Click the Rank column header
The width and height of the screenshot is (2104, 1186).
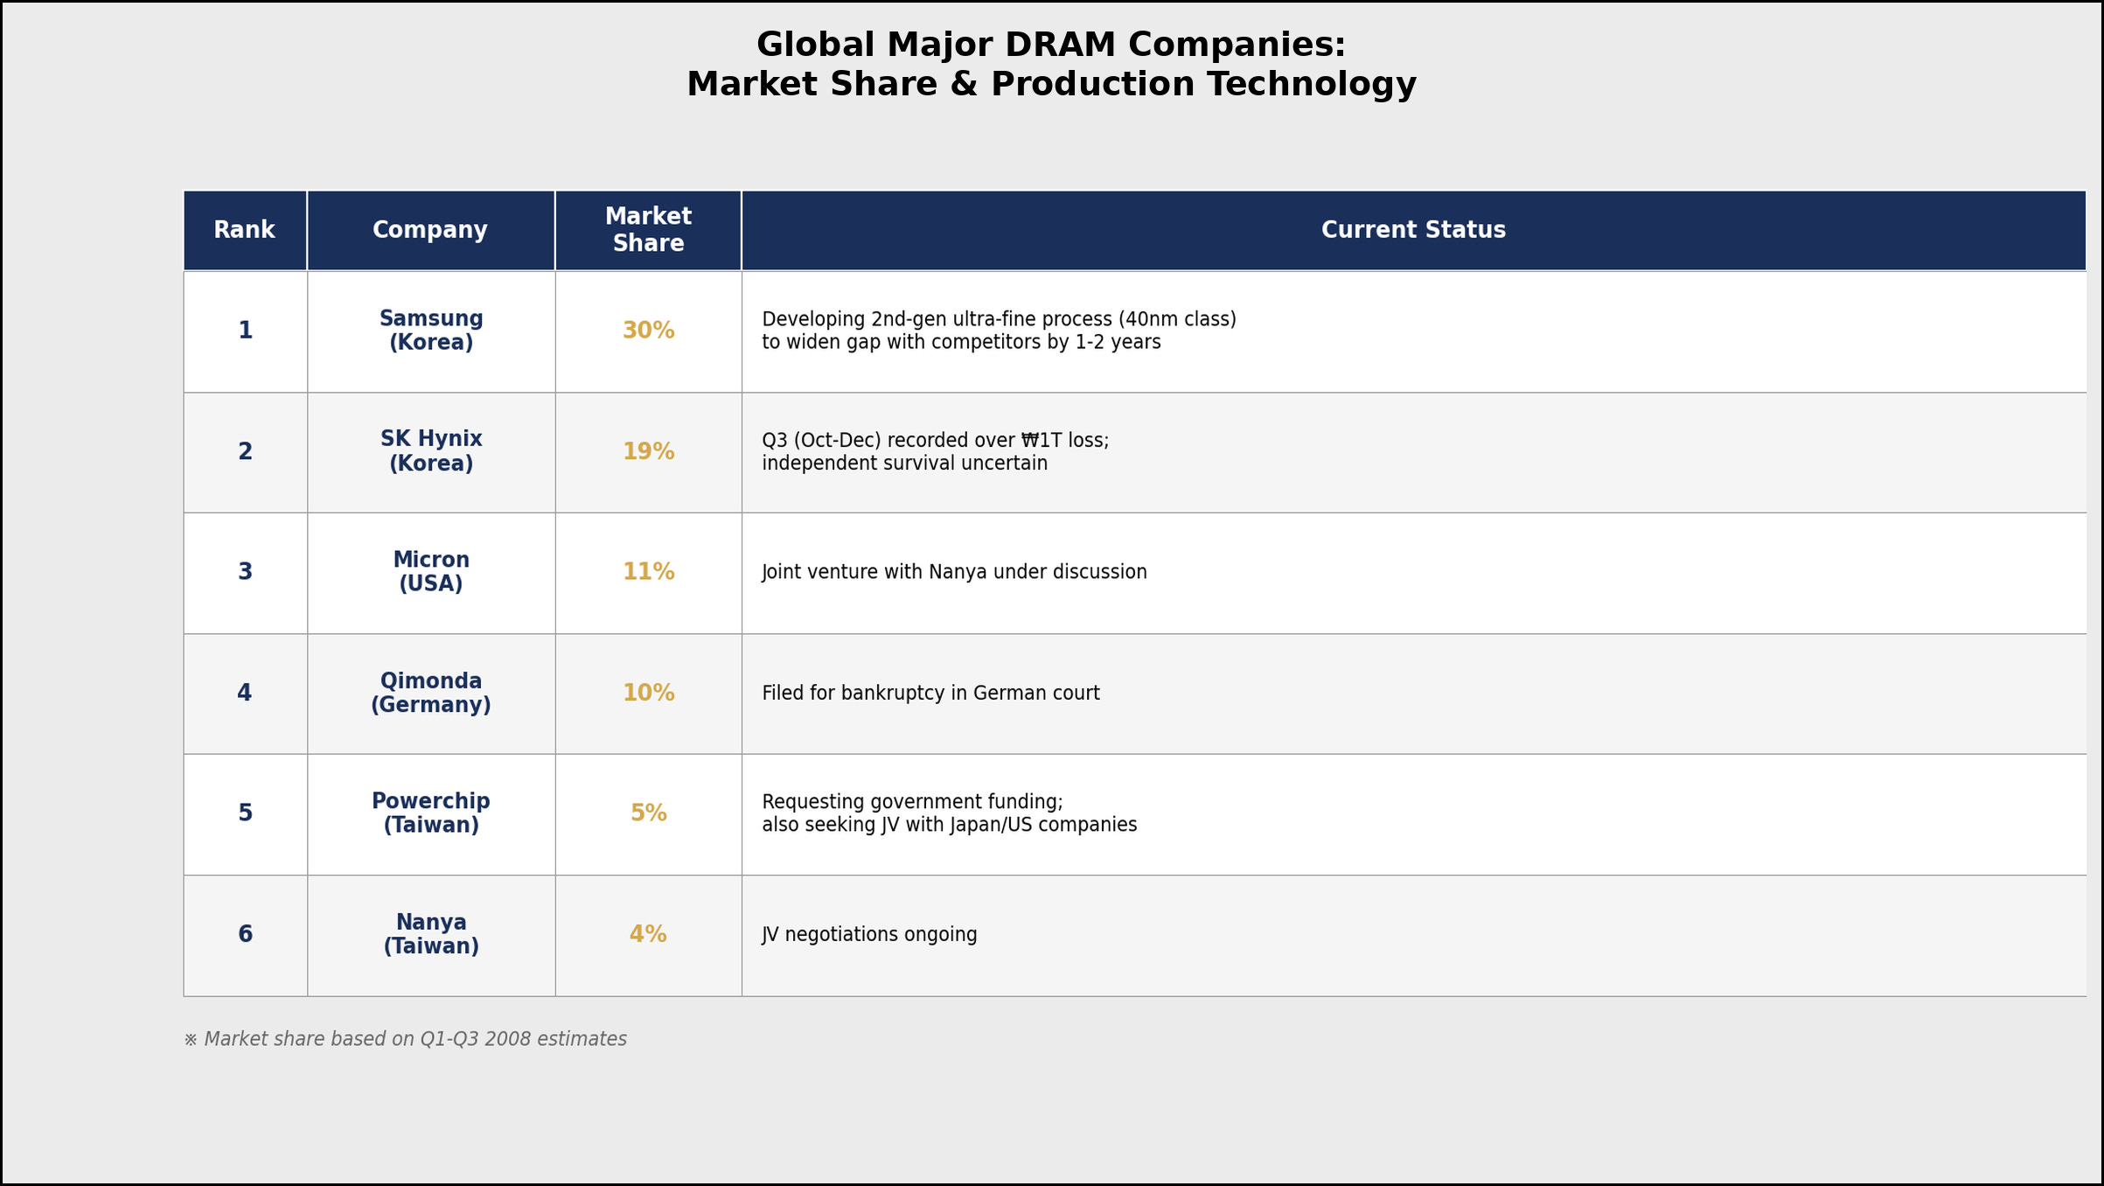[244, 230]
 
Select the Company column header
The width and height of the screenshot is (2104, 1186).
[430, 230]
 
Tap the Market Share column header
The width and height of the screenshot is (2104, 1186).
[648, 230]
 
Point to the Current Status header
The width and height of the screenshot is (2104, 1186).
[1413, 230]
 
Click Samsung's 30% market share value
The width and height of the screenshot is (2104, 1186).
[648, 331]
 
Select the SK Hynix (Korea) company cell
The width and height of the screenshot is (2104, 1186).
[431, 451]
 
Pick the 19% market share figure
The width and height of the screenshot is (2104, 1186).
[648, 452]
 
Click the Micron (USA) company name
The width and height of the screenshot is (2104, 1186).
[431, 572]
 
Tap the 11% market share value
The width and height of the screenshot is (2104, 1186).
[648, 572]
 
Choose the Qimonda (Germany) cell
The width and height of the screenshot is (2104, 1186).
[431, 693]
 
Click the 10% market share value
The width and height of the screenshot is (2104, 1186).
[648, 694]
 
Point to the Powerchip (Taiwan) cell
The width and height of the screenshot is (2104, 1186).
[431, 813]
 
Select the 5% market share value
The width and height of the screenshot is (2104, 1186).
[648, 813]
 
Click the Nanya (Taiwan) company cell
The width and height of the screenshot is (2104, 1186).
[431, 934]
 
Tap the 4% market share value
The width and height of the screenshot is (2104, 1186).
[648, 935]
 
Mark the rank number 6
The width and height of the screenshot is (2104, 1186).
[245, 935]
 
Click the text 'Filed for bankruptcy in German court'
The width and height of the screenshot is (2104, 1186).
[930, 694]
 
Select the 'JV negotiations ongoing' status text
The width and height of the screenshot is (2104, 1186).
[869, 935]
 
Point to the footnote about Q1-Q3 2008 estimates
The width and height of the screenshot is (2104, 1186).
[406, 1039]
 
